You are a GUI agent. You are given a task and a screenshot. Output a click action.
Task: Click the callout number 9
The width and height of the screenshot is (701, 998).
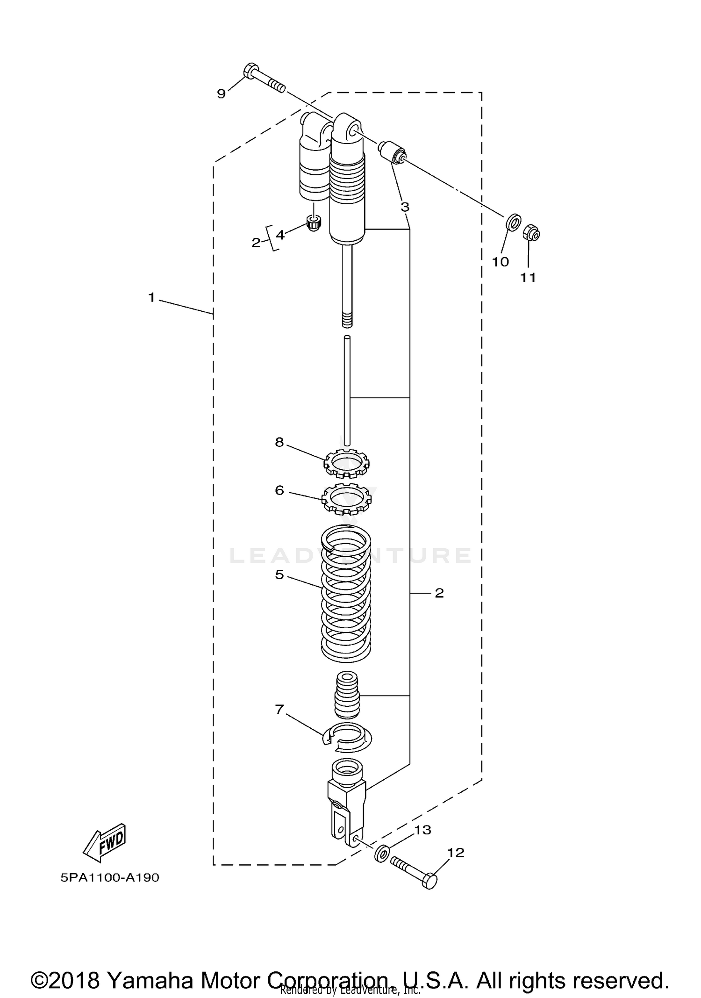tap(222, 93)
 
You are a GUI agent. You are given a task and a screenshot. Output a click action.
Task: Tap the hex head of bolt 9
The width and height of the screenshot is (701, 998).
tap(250, 71)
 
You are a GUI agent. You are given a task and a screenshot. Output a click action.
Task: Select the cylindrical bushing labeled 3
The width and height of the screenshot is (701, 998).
tap(392, 152)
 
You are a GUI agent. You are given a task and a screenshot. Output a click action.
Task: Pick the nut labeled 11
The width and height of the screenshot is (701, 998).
tap(531, 232)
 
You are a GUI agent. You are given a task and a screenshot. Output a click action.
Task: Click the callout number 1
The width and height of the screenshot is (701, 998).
tap(151, 297)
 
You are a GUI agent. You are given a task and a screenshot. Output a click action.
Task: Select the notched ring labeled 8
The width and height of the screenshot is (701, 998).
tap(346, 464)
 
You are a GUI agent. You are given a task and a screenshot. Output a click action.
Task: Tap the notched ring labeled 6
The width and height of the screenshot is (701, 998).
tap(346, 498)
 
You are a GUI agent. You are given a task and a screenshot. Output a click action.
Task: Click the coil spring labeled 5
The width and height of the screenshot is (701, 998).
tap(346, 594)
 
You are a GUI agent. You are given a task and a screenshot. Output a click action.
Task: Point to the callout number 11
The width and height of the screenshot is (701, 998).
tap(528, 278)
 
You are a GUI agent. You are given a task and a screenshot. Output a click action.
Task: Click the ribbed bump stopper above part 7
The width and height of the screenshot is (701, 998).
tap(347, 695)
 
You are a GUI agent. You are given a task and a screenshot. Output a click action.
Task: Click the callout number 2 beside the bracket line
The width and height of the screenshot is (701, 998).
tap(439, 593)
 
